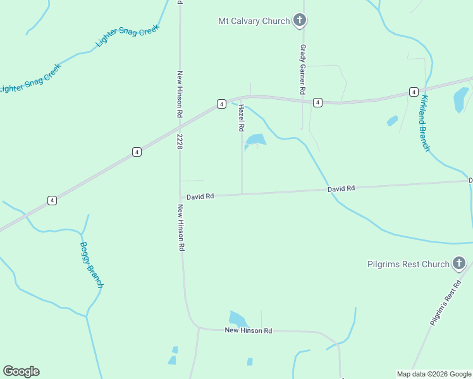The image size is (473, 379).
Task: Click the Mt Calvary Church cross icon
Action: tap(300, 21)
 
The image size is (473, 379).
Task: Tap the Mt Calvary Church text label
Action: tap(254, 21)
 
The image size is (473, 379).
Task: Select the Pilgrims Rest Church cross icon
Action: tap(459, 263)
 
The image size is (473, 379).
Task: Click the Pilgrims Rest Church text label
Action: tap(408, 264)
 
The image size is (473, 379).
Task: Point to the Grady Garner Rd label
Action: tap(303, 69)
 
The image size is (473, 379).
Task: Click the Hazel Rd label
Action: tap(241, 118)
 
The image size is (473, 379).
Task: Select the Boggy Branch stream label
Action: tap(91, 265)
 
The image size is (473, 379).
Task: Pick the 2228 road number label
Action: tap(180, 141)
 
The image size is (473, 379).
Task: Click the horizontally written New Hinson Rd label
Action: tap(248, 330)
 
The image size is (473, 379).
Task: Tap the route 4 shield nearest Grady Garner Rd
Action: tap(317, 102)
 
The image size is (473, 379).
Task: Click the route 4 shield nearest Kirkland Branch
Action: tap(413, 92)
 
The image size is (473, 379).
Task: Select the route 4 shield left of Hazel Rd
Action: tap(221, 104)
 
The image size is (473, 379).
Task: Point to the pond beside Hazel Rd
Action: tap(255, 140)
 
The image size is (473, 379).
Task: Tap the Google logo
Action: tap(21, 371)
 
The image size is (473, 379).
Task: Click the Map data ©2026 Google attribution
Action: tap(434, 374)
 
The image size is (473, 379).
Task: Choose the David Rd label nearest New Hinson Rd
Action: tap(200, 196)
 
